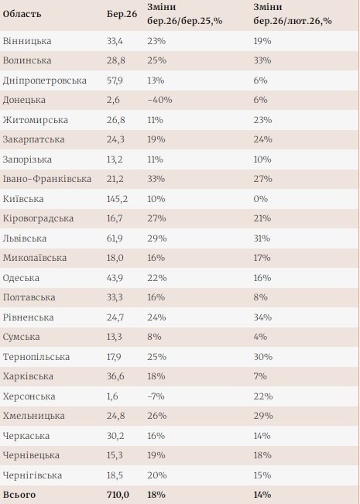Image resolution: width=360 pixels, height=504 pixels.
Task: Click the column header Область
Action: point(22,15)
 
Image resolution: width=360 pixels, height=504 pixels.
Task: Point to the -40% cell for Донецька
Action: point(159,100)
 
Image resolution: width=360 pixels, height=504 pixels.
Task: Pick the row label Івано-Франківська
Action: point(47,179)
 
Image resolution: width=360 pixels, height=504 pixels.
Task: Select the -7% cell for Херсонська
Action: point(155,396)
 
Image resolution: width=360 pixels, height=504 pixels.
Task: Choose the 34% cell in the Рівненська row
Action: point(262,317)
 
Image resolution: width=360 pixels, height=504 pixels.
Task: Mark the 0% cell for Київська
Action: point(259,198)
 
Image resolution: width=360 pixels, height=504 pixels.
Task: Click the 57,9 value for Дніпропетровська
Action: point(115,81)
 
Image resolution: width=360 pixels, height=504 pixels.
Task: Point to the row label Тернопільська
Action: point(36,356)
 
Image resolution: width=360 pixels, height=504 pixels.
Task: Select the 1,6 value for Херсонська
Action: point(113,396)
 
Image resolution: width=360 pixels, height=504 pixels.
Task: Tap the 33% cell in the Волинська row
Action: point(262,60)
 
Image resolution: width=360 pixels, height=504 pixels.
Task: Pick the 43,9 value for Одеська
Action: point(115,277)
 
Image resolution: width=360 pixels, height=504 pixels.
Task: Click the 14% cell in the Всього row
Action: point(262,494)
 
